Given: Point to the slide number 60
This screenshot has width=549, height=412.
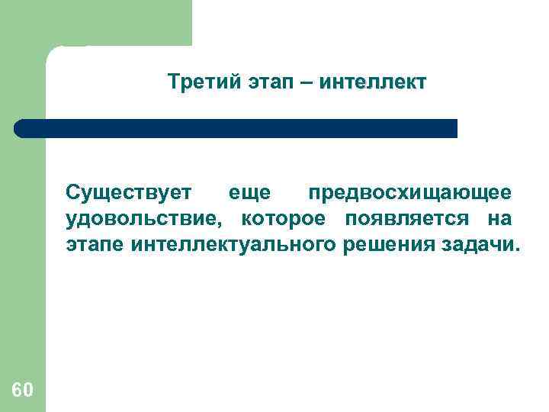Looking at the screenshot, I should (x=22, y=390).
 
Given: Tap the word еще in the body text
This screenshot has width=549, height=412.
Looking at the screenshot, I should (x=250, y=193).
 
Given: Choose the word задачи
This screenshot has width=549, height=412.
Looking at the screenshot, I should (x=477, y=246).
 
